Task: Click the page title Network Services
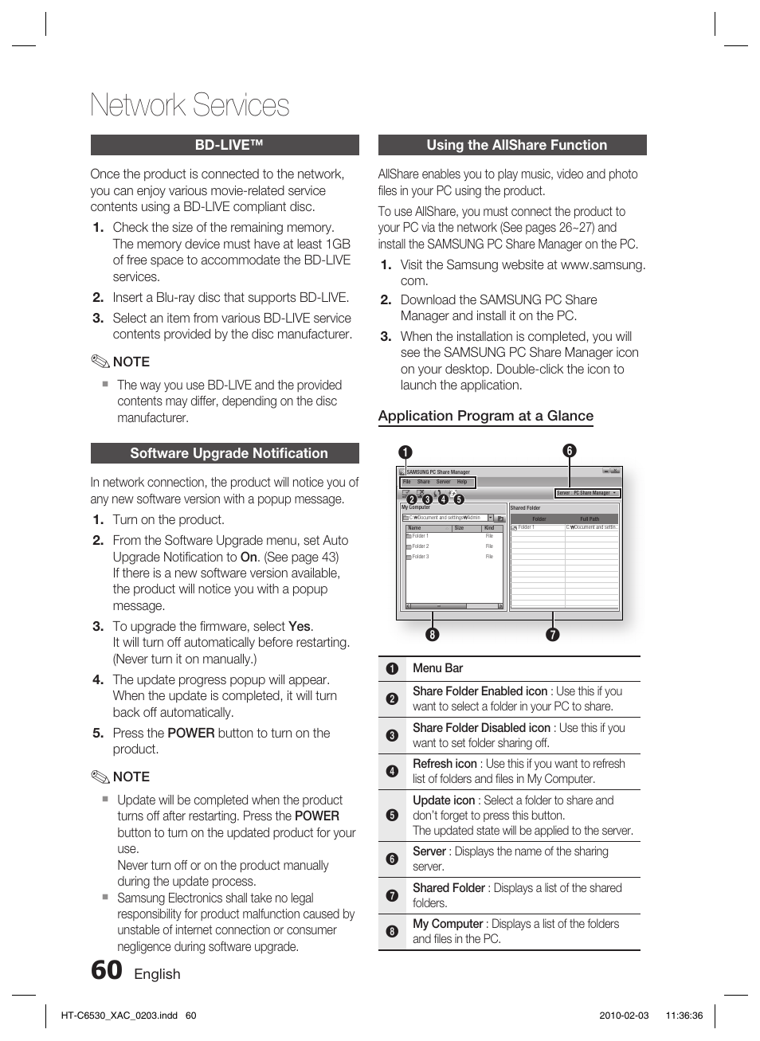(x=190, y=105)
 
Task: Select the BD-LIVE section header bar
(x=225, y=145)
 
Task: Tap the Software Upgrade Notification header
(x=225, y=453)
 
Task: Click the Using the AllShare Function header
(x=512, y=145)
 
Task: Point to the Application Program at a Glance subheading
(x=485, y=416)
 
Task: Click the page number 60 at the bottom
(x=107, y=970)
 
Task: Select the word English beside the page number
(x=157, y=974)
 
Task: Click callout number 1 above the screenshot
(x=405, y=452)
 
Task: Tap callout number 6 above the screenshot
(x=569, y=451)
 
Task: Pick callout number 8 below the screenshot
(x=432, y=634)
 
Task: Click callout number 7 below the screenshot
(x=552, y=634)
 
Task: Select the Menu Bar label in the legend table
(x=437, y=668)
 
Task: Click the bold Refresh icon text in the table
(x=445, y=764)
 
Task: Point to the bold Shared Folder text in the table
(x=449, y=888)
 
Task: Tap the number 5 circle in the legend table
(x=392, y=815)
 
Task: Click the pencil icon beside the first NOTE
(x=100, y=362)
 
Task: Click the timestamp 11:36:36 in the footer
(x=684, y=1016)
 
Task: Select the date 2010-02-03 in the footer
(x=624, y=1016)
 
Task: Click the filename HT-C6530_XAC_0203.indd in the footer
(x=119, y=1016)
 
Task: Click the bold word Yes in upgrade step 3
(x=300, y=627)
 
